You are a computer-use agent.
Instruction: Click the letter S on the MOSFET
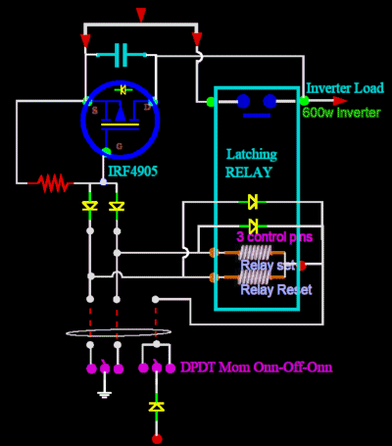(94, 109)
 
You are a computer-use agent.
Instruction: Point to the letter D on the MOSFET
(147, 106)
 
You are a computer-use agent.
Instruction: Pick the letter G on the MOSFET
(121, 146)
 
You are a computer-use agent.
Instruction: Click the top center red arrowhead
(141, 15)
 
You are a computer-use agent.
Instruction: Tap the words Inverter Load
(345, 87)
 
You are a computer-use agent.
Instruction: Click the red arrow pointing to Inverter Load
(339, 100)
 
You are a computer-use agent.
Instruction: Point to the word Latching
(252, 154)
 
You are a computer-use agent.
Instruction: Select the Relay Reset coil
(257, 278)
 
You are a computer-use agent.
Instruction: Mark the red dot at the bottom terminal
(156, 439)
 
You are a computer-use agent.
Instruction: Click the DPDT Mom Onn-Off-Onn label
(256, 368)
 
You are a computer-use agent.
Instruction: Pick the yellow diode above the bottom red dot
(156, 405)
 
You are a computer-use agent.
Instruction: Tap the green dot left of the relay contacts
(211, 100)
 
